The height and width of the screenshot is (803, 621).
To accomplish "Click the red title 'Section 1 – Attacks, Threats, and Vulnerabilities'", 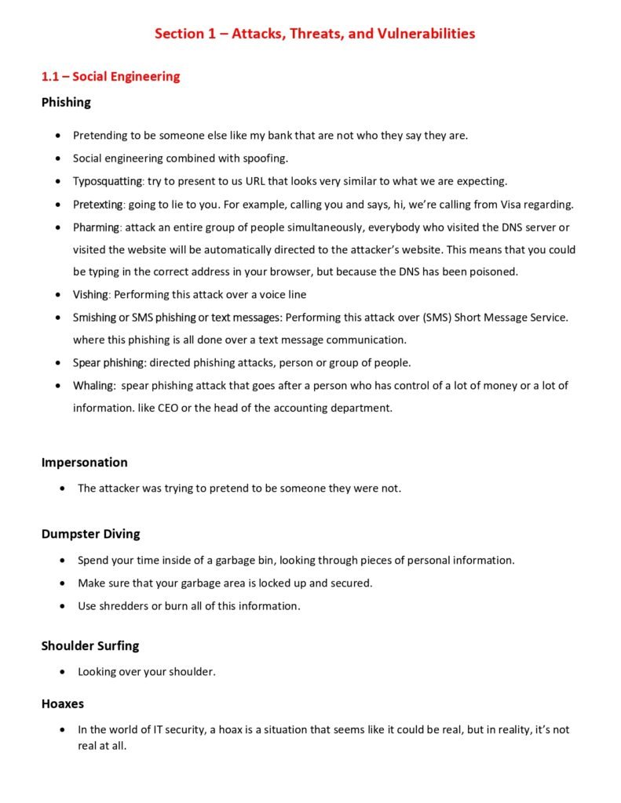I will (314, 34).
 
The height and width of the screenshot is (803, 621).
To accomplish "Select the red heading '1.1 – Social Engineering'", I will (111, 76).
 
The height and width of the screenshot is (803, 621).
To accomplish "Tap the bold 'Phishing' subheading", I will (66, 102).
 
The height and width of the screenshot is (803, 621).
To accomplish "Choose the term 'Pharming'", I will (96, 227).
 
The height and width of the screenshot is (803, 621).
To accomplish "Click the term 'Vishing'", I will (89, 295).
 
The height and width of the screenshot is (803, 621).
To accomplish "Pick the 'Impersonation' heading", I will (84, 462).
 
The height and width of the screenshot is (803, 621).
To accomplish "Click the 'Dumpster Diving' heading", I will (90, 534).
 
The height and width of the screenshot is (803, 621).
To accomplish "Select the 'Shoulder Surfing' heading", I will (89, 646).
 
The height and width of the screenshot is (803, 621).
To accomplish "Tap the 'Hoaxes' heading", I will (62, 704).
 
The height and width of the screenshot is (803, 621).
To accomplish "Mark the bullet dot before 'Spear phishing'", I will (58, 363).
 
